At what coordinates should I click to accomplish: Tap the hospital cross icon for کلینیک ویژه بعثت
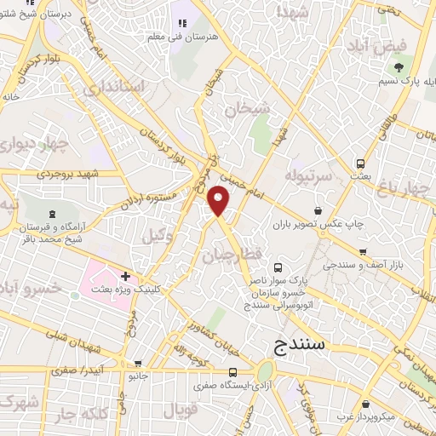(x=125, y=276)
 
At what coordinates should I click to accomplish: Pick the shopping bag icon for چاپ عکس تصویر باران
(x=318, y=210)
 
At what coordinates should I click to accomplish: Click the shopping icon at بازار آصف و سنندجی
(x=363, y=251)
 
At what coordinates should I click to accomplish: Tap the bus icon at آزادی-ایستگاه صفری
(x=232, y=372)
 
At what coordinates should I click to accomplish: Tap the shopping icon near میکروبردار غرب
(x=365, y=404)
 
